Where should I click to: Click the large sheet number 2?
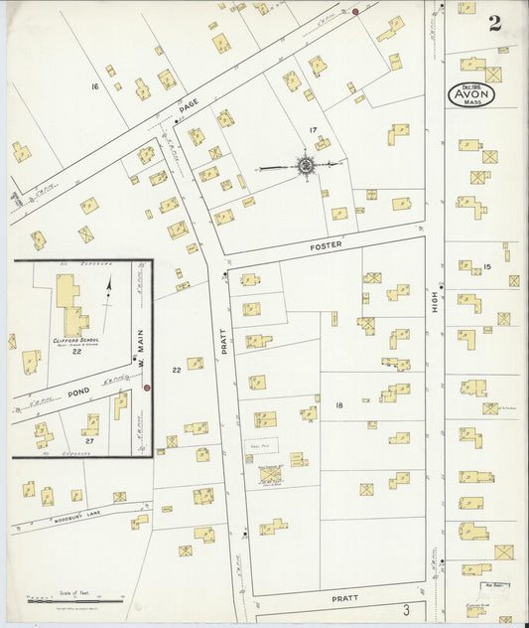click(494, 24)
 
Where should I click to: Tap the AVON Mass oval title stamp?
click(481, 94)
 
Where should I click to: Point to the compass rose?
click(305, 165)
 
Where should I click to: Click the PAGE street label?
click(190, 103)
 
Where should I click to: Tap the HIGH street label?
click(435, 308)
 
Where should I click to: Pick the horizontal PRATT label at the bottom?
click(342, 599)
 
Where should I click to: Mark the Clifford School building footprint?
click(70, 304)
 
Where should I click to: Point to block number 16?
click(95, 87)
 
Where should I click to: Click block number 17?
click(313, 130)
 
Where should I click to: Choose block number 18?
click(338, 405)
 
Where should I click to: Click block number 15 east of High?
click(486, 266)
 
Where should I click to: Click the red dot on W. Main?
click(147, 388)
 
